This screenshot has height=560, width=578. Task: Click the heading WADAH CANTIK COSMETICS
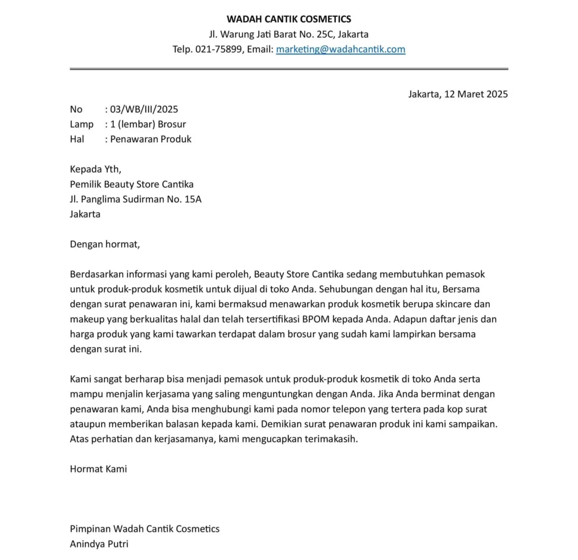[x=288, y=20]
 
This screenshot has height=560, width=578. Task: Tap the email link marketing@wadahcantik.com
[x=340, y=49]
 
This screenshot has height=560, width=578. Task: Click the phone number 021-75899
[x=220, y=49]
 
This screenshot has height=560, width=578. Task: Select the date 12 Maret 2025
[x=476, y=94]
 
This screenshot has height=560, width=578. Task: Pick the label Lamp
[x=81, y=124]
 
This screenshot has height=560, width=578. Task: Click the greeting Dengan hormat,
[x=104, y=244]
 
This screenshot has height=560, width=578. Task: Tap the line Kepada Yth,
[x=95, y=169]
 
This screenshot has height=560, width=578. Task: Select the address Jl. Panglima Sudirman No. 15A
[x=135, y=199]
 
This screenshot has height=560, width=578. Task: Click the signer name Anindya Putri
[x=99, y=545]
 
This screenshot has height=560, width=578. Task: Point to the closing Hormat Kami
[x=98, y=469]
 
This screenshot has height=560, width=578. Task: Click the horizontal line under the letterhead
[x=288, y=69]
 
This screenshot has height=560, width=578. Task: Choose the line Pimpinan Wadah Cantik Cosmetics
[x=144, y=529]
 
